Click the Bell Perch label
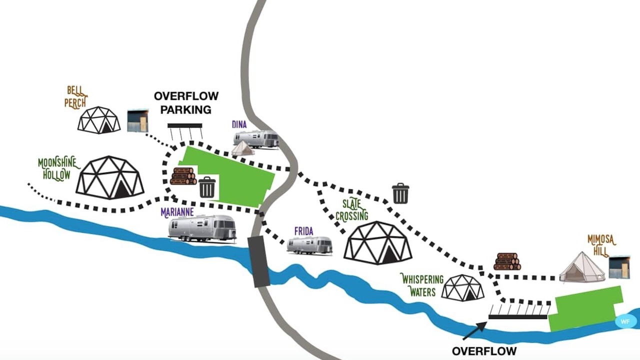coord(75,97)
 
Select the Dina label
coord(239,124)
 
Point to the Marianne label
coord(177,212)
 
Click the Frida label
coord(303,231)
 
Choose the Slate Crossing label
coord(352,210)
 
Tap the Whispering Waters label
coord(423,285)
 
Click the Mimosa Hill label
coord(601,245)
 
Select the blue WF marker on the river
coord(625,321)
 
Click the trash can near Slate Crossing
coord(400,193)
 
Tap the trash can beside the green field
coord(207,187)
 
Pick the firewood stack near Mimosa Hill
coord(507,261)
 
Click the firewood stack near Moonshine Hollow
coord(183,176)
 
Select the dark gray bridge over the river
coord(259,261)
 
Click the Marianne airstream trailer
coord(202,229)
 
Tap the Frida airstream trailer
coord(310,245)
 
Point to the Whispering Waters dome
coord(463,287)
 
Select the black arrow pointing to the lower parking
coord(475,331)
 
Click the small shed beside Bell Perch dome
coord(137,120)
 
